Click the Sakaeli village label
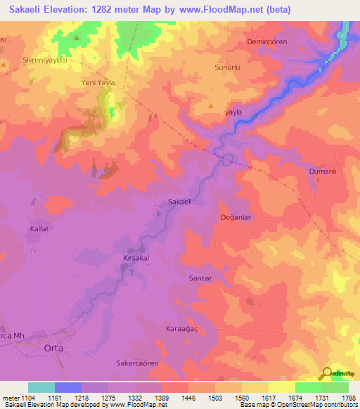tap(180, 202)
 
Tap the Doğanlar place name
tap(236, 218)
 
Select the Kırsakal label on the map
tap(136, 259)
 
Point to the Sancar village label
tap(200, 278)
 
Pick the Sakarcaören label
tap(138, 364)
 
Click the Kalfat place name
tap(39, 229)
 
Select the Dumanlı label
tap(324, 171)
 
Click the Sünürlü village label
tap(227, 69)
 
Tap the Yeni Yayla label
tap(97, 82)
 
